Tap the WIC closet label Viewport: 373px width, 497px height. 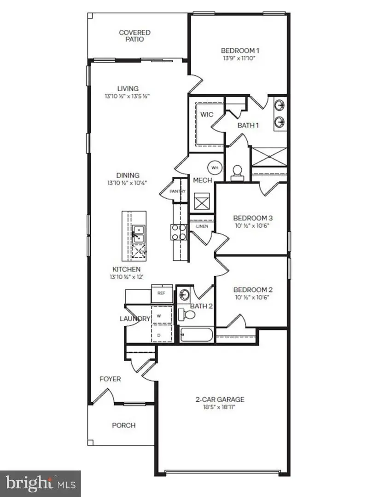coord(207,114)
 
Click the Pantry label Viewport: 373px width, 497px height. coord(177,191)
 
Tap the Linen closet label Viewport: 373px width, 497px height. coord(202,226)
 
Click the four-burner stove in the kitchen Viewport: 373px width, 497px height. coord(179,232)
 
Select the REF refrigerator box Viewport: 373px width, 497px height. coord(162,293)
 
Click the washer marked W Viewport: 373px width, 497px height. coord(158,316)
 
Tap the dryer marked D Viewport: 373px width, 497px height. coord(158,335)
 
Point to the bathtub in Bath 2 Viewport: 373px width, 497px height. coord(196,335)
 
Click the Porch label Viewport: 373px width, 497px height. coord(124,425)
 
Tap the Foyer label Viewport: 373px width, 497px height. coord(111,379)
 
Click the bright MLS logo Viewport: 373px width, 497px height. coord(40,483)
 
